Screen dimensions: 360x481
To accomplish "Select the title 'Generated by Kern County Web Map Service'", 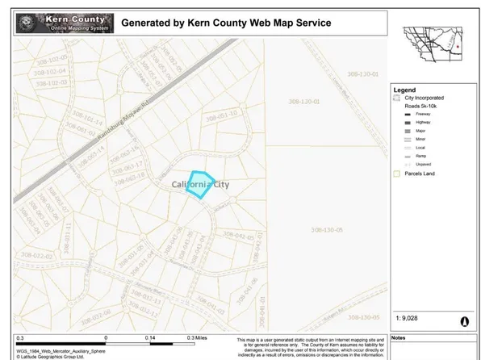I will coord(225,23).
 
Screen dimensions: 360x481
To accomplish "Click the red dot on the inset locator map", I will coord(458,47).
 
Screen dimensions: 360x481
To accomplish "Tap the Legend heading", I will coord(404,90).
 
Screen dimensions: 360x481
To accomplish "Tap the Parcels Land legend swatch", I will coord(398,173).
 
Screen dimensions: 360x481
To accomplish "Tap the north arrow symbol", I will coord(463,320).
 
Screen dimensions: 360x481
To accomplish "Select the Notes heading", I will coord(399,339).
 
